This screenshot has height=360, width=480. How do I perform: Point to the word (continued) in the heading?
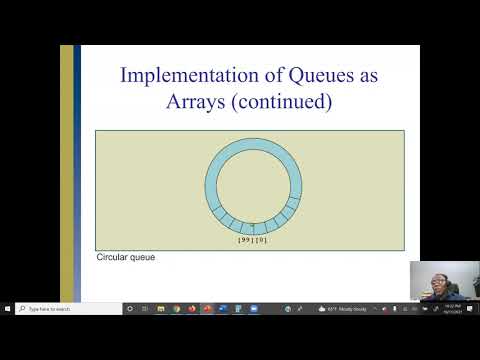tap(288, 102)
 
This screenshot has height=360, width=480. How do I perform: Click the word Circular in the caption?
tap(112, 257)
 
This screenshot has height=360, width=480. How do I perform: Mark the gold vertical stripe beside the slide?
tap(67, 170)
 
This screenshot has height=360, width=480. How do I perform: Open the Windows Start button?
tap(7, 309)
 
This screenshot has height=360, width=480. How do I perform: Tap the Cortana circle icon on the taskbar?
tap(130, 309)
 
